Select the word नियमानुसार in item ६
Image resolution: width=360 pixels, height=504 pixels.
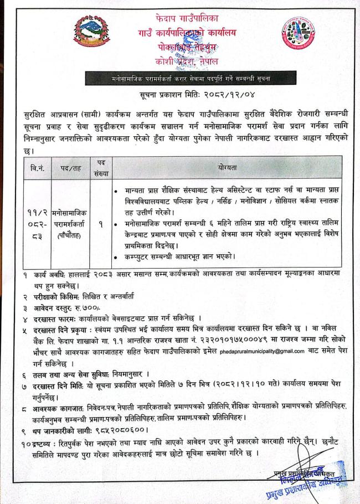pyautogui.click(x=125, y=375)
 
